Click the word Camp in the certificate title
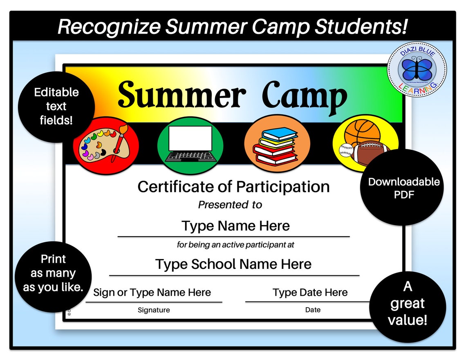coord(305,95)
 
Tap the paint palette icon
coord(105,145)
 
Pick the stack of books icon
coord(276,145)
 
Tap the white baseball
coord(346,150)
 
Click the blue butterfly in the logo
coord(416,69)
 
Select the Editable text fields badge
coord(56,106)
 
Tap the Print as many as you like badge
coord(53,273)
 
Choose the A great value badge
coord(408,303)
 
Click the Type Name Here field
coord(235,226)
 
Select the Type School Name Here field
coord(233,264)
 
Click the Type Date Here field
coord(310,293)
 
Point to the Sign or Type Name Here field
coord(152,293)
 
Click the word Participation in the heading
coord(283,187)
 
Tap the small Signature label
coord(154,310)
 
